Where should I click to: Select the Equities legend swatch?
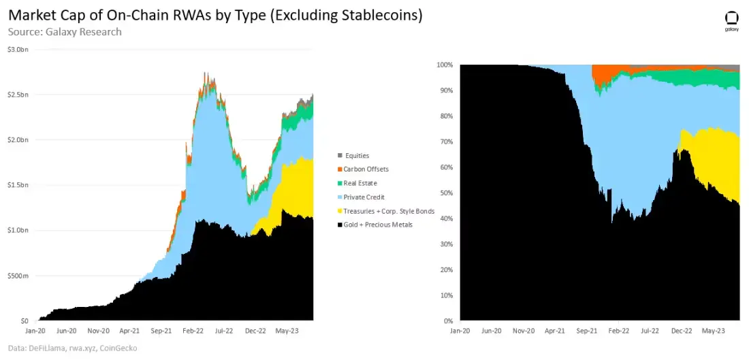click(x=340, y=156)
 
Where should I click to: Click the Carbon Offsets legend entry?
click(x=366, y=169)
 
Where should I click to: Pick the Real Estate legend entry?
click(x=361, y=183)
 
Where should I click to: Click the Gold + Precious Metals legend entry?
click(x=379, y=225)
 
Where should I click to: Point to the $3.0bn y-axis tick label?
click(x=18, y=50)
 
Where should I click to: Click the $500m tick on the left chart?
click(x=18, y=276)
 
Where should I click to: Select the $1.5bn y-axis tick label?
click(x=18, y=186)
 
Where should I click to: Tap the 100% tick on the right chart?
click(x=444, y=65)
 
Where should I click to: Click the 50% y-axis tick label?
click(x=445, y=193)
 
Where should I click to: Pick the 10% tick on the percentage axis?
click(x=445, y=295)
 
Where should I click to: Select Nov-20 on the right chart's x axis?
click(x=524, y=332)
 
